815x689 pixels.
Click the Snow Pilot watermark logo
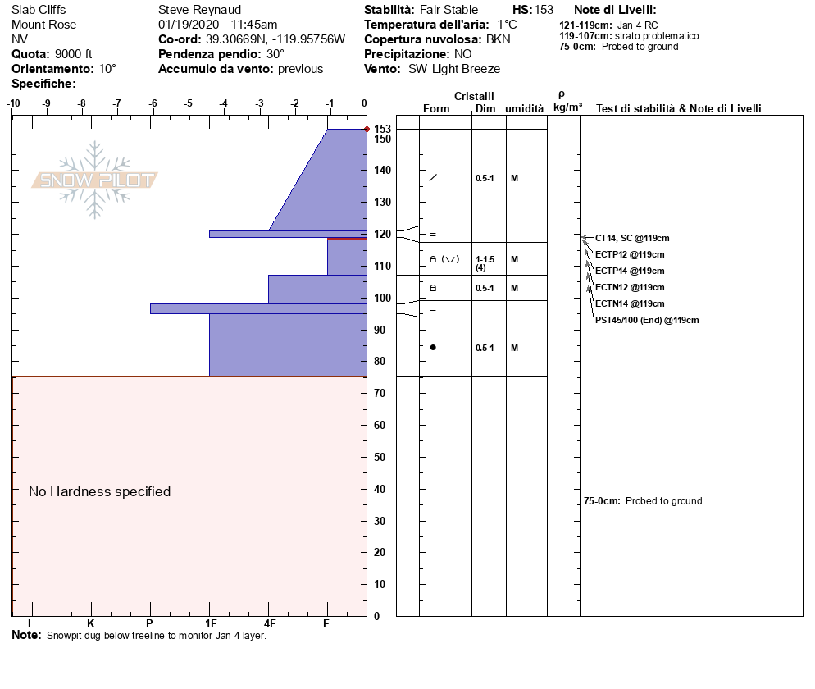(95, 180)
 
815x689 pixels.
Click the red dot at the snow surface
(367, 130)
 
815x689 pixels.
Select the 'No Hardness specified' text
(99, 491)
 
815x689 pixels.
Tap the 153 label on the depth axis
(382, 130)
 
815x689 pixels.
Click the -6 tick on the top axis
(153, 103)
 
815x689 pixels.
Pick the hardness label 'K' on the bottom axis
(91, 624)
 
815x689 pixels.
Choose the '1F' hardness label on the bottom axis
(211, 624)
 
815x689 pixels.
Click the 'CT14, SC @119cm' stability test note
(632, 238)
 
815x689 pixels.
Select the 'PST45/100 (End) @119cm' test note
(647, 320)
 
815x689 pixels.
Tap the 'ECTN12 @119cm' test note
(630, 287)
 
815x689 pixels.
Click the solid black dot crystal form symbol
(433, 348)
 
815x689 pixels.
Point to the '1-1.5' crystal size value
(486, 259)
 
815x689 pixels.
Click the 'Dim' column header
(485, 109)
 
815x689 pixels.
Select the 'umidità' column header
(524, 109)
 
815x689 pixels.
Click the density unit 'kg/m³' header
(567, 107)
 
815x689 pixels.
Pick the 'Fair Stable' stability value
(448, 10)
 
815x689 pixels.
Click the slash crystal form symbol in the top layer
(433, 178)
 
